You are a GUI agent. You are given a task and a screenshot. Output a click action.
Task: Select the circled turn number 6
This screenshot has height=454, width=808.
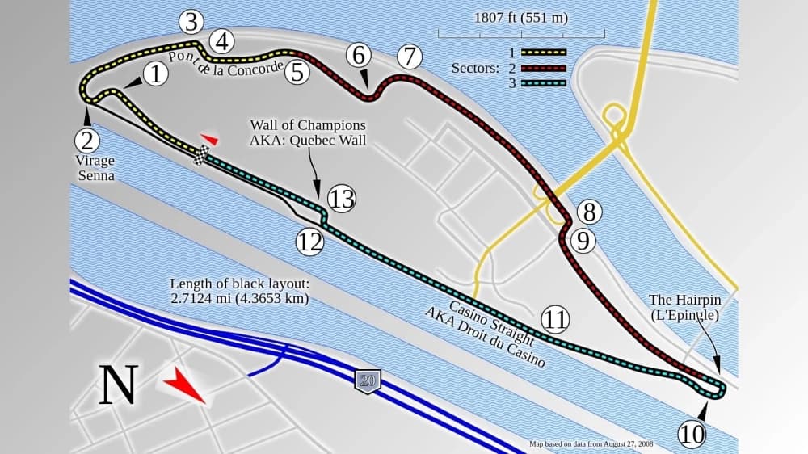[x=360, y=55]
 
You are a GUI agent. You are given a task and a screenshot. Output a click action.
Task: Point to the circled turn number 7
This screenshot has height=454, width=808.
[x=410, y=57]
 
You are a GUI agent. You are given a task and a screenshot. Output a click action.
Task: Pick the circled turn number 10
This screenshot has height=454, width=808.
[x=692, y=435]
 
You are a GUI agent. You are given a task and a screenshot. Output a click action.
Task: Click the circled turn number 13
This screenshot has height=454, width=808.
[x=342, y=199]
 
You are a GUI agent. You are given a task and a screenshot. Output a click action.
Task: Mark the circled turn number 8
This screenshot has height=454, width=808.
[x=589, y=212]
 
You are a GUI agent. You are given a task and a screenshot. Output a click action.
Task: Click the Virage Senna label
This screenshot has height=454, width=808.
[x=95, y=167]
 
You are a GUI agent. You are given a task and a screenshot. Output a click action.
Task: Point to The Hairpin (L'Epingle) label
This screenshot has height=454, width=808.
[x=684, y=307]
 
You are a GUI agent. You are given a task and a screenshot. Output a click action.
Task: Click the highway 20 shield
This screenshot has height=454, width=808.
[x=368, y=380]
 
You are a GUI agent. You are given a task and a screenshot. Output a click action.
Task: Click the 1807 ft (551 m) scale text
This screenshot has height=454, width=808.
[x=521, y=17]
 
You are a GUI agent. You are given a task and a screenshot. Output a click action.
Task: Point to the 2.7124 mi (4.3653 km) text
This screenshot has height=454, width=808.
[x=239, y=298]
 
